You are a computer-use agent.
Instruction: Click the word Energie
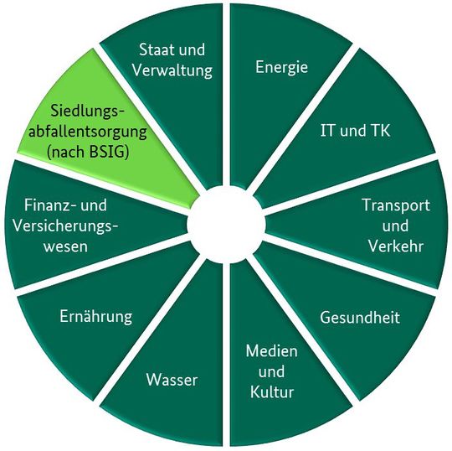click(281, 68)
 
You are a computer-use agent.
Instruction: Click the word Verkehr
click(395, 246)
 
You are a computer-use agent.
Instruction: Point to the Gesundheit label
click(361, 318)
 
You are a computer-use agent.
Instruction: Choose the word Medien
click(270, 350)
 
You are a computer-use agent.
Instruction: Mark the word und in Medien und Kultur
click(270, 371)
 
